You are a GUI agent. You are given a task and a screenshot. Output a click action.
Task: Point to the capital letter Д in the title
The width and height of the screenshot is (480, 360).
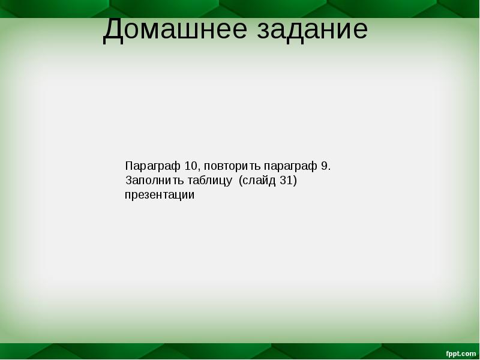coord(114,30)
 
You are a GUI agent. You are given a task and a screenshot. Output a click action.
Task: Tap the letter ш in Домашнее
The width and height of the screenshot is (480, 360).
coord(185,31)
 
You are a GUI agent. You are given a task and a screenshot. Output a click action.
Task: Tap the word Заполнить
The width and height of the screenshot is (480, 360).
coord(150,181)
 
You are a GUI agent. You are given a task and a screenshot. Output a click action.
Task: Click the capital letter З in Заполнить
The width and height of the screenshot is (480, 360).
coord(128,181)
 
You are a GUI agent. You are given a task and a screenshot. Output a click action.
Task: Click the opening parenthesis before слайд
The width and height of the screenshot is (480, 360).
coord(241,181)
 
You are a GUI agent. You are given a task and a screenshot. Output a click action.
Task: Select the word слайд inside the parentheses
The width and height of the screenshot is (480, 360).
coord(259,181)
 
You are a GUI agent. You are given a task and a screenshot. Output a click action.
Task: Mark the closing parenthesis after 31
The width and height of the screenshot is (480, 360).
coord(295,181)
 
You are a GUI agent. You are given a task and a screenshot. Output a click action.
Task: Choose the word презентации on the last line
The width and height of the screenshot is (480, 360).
coord(160,196)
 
